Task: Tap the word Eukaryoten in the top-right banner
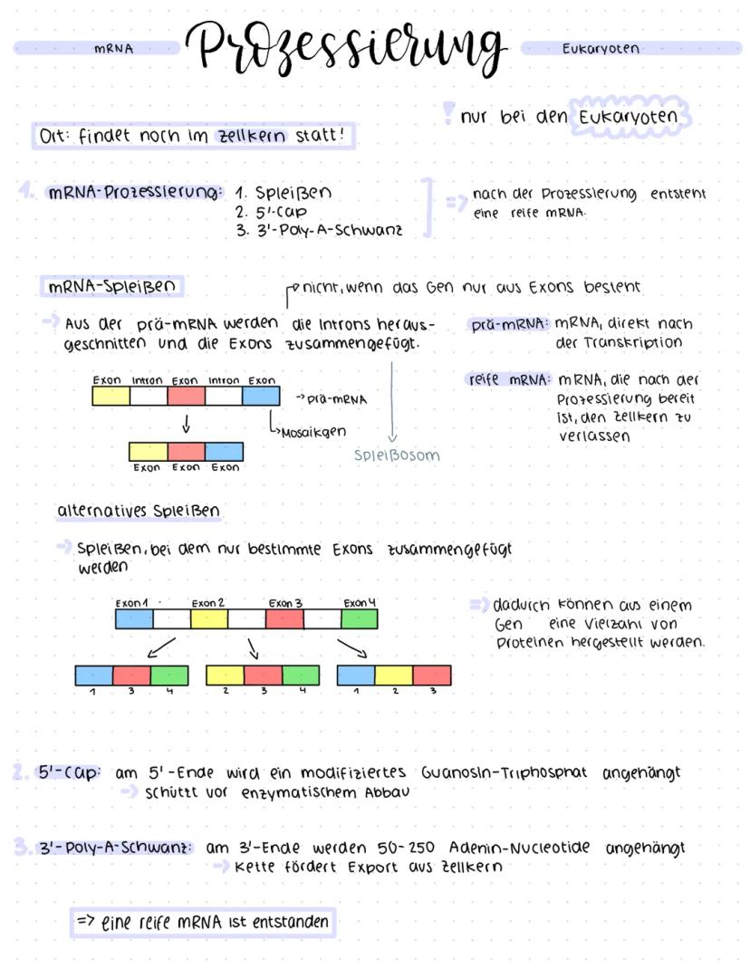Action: tap(601, 49)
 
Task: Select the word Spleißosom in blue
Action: tap(397, 455)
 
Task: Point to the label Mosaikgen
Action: tap(313, 432)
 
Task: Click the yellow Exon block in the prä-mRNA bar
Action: tap(111, 396)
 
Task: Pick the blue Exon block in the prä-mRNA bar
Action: tap(261, 396)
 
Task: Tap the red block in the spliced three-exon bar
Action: tap(187, 452)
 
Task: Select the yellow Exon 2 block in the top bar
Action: tap(208, 619)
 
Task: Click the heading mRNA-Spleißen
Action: tap(112, 288)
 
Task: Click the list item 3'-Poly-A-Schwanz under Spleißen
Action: tap(319, 230)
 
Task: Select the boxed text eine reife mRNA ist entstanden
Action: tap(205, 923)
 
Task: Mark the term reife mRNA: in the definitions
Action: tap(508, 380)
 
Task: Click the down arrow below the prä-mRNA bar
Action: tap(186, 424)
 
